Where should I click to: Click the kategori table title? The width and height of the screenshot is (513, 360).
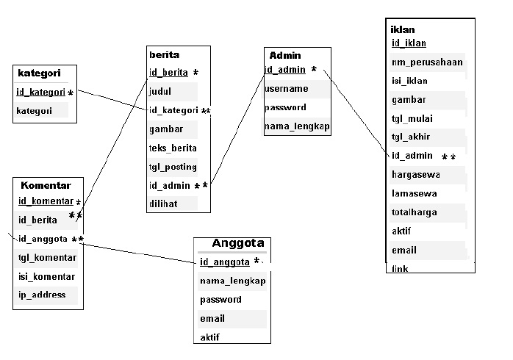[x=37, y=73]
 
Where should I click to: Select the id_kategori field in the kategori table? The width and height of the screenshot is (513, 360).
[x=41, y=93]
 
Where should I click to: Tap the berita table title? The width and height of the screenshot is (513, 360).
[x=164, y=54]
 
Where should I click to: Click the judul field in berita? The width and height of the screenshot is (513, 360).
[x=160, y=92]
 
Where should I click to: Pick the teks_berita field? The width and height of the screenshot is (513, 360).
[x=168, y=148]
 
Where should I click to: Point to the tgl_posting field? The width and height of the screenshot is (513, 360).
[x=168, y=167]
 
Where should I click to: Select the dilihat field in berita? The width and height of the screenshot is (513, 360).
[x=163, y=204]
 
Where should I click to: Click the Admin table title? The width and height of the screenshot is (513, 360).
[x=285, y=55]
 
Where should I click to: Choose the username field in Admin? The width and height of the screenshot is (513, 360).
[x=286, y=89]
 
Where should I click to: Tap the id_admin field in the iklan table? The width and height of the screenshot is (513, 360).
[x=412, y=156]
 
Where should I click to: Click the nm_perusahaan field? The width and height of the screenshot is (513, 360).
[x=427, y=62]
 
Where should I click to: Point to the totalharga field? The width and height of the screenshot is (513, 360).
[x=415, y=212]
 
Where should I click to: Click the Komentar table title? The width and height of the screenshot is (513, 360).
[x=46, y=185]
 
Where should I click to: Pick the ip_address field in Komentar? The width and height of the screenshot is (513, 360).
[x=42, y=295]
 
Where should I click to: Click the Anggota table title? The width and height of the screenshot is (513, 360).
[x=237, y=243]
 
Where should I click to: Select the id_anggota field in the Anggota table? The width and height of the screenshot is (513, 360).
[x=225, y=262]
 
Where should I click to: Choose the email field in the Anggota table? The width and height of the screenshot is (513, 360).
[x=212, y=319]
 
